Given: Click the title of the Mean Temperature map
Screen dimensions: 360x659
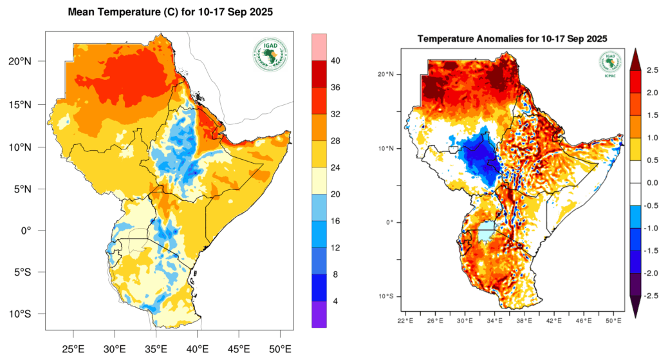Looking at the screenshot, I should click(x=171, y=12).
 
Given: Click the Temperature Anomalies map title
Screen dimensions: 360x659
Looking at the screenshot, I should click(x=512, y=39).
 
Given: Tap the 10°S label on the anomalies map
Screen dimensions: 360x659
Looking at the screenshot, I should click(x=386, y=296).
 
